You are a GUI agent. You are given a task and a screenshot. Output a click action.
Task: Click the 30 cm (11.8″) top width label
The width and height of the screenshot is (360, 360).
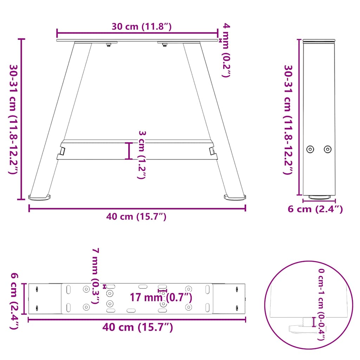(x=142, y=27)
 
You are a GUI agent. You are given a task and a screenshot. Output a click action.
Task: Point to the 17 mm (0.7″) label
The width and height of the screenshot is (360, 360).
(x=161, y=298)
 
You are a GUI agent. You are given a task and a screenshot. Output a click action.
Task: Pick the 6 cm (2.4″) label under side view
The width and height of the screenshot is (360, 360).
(x=315, y=209)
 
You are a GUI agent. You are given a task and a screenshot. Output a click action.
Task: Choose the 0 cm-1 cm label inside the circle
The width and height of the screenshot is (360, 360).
(x=321, y=304)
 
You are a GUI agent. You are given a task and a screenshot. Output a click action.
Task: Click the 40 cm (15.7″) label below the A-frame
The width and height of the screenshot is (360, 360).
(x=136, y=217)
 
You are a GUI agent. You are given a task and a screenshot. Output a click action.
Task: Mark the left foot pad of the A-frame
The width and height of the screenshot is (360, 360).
(x=39, y=198)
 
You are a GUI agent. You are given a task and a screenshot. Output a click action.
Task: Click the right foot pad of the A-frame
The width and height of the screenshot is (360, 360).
(x=234, y=198)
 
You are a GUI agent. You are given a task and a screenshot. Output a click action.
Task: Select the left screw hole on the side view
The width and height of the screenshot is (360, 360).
(x=310, y=149)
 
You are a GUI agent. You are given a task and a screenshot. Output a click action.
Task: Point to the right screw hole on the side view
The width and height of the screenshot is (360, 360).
(x=327, y=149)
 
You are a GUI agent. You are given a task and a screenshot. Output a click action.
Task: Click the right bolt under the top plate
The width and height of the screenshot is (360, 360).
(x=164, y=44)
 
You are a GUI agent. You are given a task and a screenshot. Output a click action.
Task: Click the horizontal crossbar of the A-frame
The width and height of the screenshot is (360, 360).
(x=137, y=150)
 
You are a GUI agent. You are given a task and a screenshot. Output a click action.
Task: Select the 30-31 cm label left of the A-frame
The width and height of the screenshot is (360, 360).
(x=14, y=119)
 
